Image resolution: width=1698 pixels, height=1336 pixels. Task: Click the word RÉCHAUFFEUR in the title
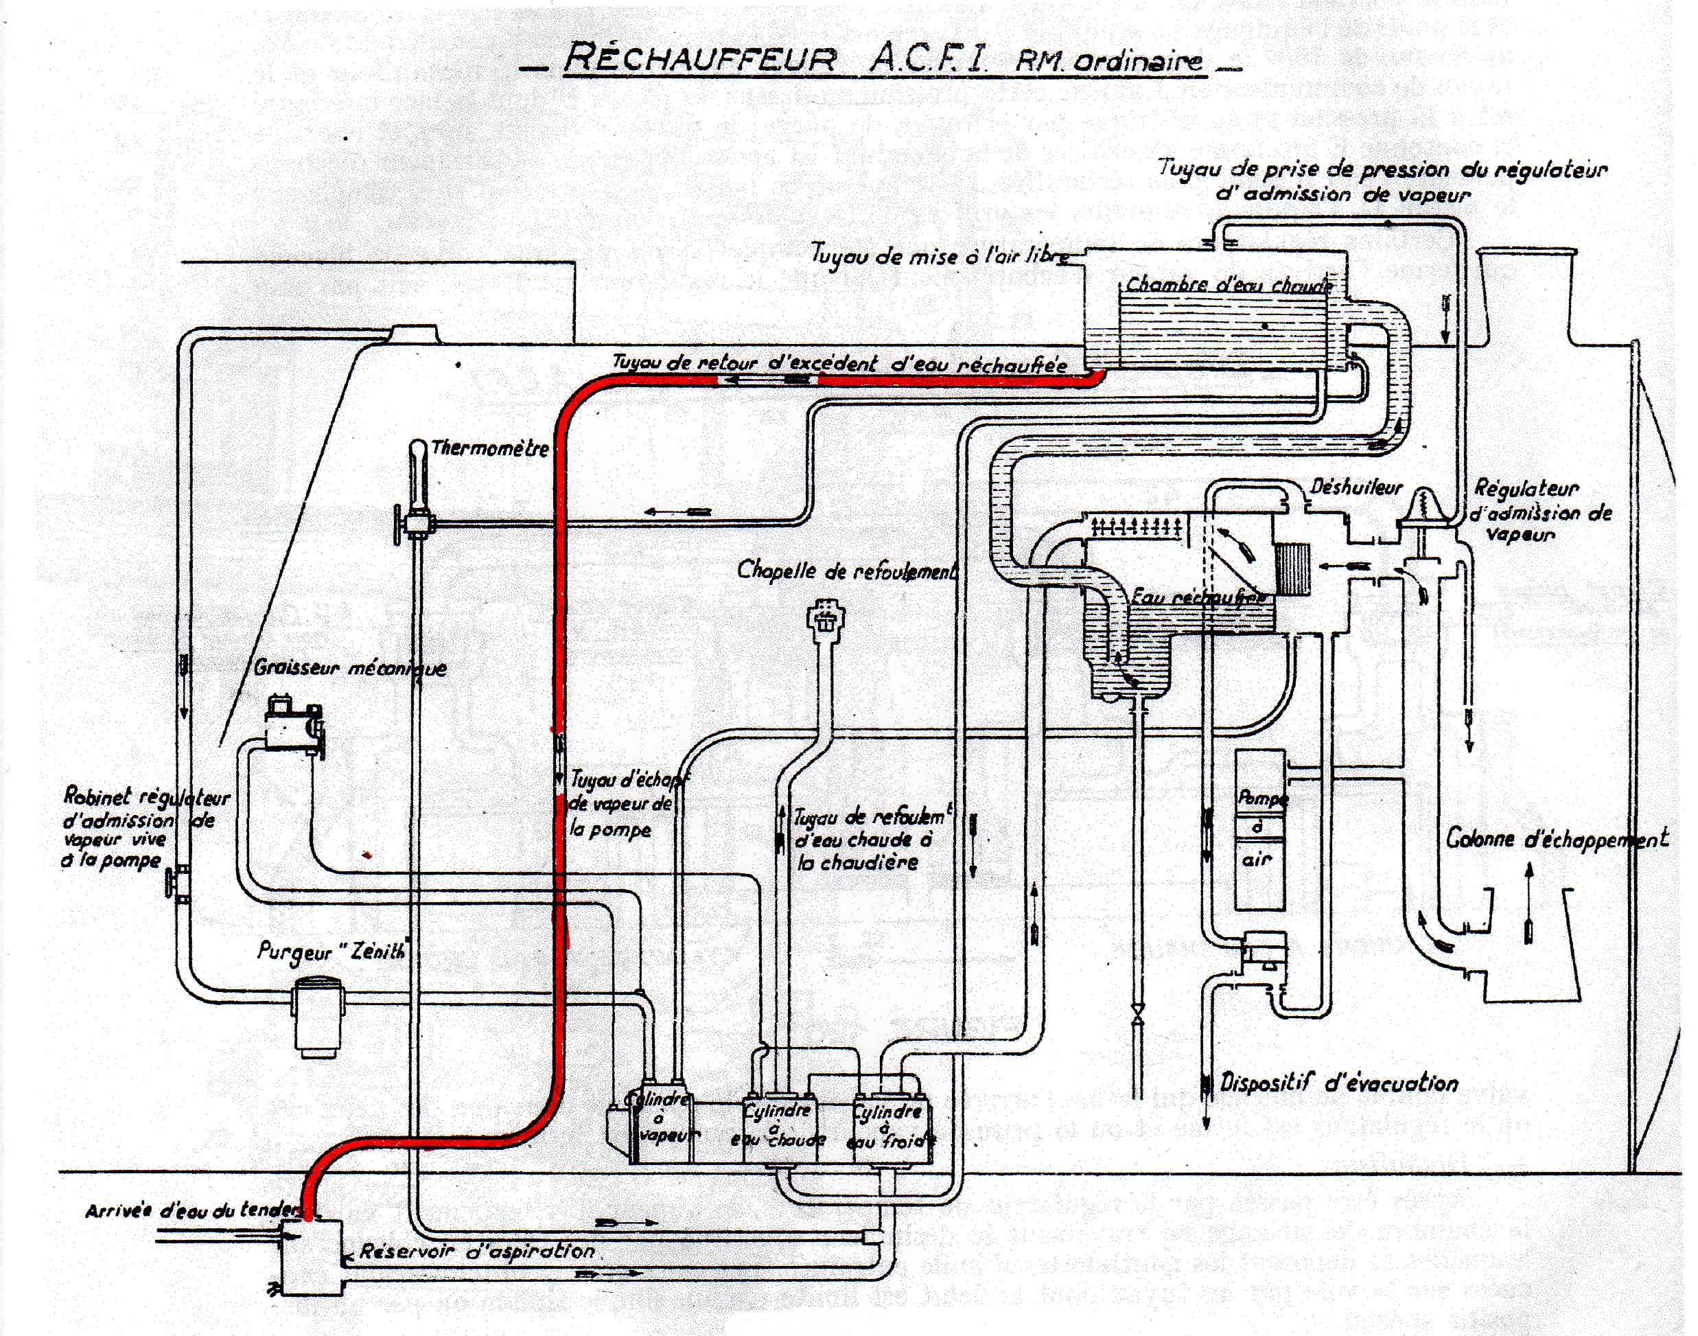tap(699, 60)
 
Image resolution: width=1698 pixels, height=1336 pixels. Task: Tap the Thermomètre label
tap(489, 449)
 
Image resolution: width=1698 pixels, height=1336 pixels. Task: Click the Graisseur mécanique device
tap(292, 724)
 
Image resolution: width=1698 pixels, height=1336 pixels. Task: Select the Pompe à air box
tap(1259, 829)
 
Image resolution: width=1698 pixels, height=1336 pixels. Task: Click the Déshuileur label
tap(1356, 487)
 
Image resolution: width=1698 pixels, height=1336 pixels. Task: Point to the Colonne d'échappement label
tap(1557, 840)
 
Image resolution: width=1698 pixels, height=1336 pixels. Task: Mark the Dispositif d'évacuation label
tap(1339, 1083)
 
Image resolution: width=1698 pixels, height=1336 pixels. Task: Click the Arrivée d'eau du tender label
tap(192, 1210)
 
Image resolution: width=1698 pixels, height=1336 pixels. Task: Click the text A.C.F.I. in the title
tap(928, 60)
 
